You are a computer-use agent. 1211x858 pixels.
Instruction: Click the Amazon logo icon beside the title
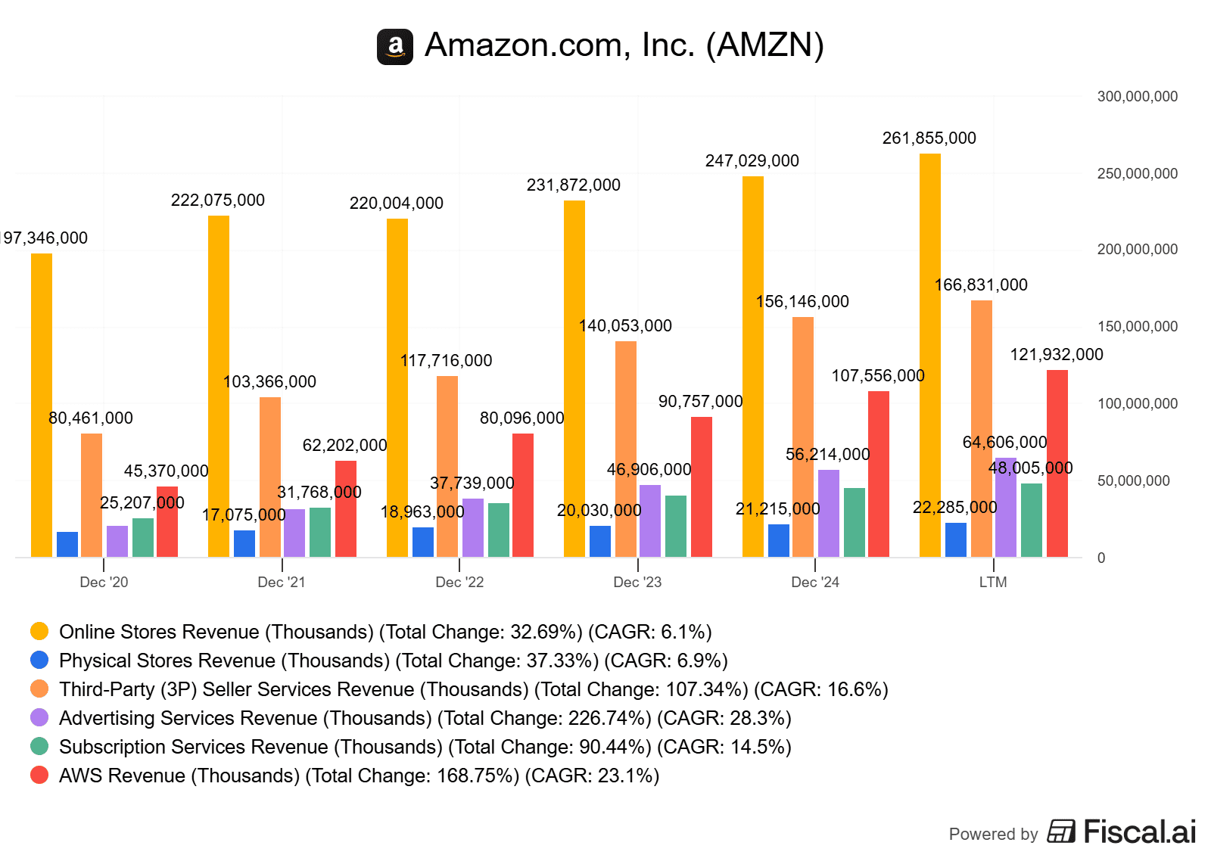[394, 47]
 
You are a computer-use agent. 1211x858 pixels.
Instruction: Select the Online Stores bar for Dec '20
[42, 406]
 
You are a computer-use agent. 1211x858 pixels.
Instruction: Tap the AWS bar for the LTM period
[1057, 464]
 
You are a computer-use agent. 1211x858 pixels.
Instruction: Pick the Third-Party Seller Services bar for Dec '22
[447, 467]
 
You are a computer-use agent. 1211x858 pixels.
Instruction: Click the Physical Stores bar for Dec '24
[779, 541]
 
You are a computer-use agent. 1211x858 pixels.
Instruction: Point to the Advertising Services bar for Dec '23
[650, 521]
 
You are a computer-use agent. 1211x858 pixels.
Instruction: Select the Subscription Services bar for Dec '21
[320, 533]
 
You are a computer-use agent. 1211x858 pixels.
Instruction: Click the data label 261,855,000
[929, 138]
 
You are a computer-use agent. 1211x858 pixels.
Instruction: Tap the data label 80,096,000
[521, 418]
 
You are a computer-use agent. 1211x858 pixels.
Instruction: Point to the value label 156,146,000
[802, 302]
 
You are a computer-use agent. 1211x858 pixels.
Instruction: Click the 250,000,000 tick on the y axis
[1137, 174]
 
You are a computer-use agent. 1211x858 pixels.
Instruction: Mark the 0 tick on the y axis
[1101, 558]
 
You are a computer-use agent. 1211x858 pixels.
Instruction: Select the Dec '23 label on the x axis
[637, 583]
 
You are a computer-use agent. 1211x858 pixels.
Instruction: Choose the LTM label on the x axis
[993, 583]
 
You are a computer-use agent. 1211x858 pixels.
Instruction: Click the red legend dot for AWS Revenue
[39, 776]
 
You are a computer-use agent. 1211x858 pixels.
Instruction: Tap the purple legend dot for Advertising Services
[39, 718]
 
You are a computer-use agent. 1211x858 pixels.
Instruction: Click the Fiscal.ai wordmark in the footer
[1139, 832]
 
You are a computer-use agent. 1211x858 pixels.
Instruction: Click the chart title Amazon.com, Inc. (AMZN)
[624, 45]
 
